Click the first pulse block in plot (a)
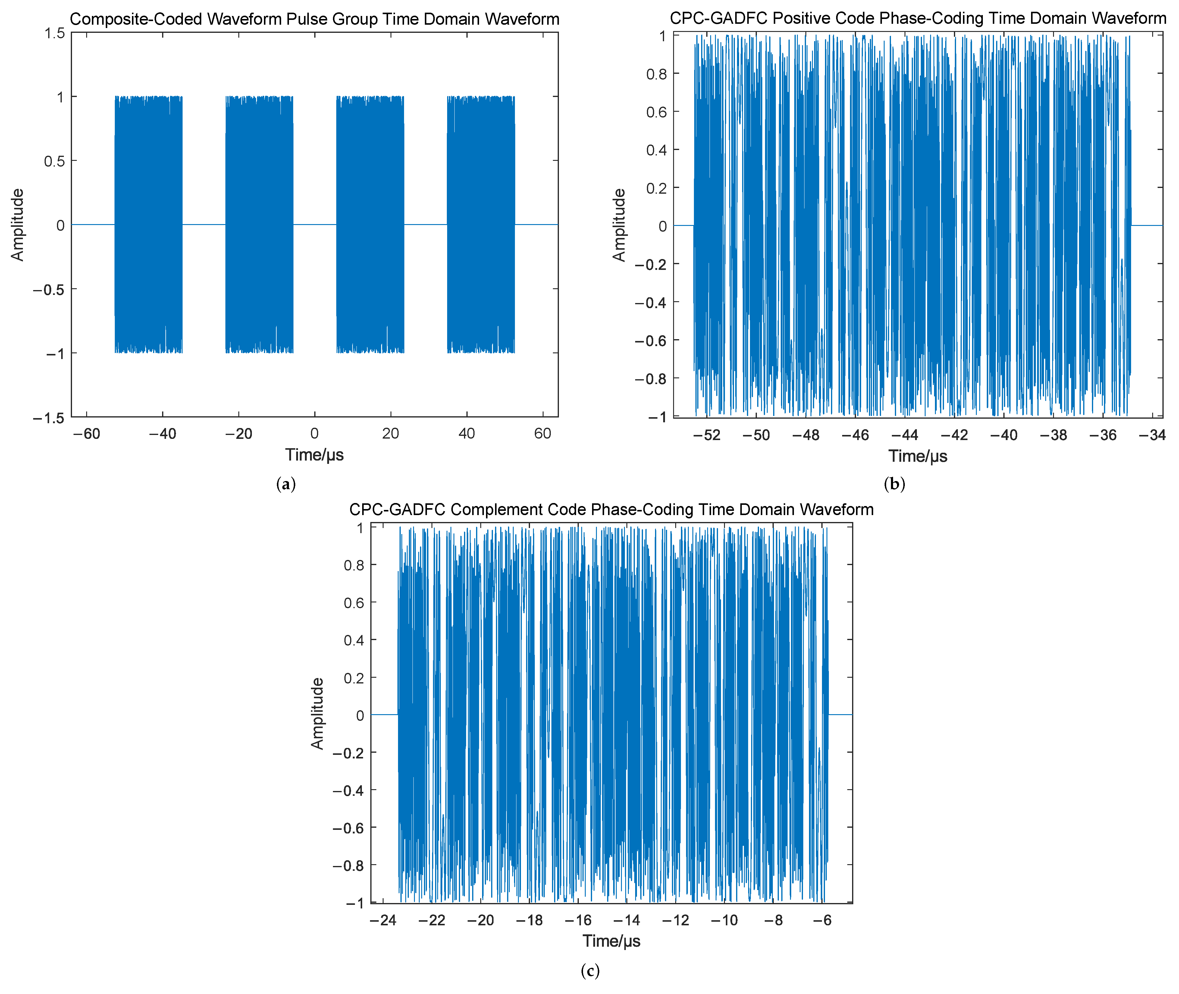pyautogui.click(x=148, y=224)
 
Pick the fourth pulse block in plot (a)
pyautogui.click(x=481, y=224)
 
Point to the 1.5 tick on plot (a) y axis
pyautogui.click(x=55, y=33)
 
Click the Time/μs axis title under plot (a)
pyautogui.click(x=314, y=455)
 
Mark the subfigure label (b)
pyautogui.click(x=894, y=484)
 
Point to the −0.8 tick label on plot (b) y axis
pyautogui.click(x=651, y=379)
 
